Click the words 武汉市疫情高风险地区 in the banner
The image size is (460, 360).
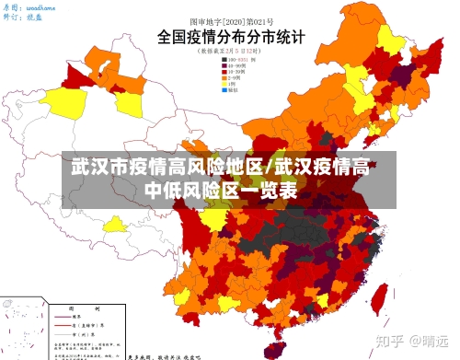167,169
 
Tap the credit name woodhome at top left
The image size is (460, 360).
40,6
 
